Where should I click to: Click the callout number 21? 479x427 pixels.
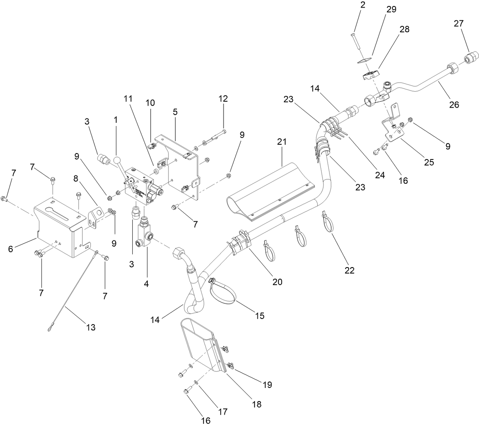[282, 142]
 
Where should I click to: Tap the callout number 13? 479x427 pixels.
[90, 327]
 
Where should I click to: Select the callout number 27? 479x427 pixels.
[459, 24]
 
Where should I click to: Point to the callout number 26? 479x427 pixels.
[454, 105]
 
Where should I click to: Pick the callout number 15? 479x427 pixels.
[259, 316]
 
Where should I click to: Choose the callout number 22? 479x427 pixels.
[349, 270]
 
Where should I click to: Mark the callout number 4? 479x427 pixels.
[146, 284]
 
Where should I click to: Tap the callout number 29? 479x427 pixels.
[391, 10]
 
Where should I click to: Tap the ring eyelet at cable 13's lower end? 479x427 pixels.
[49, 329]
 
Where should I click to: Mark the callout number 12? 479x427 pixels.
[223, 98]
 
